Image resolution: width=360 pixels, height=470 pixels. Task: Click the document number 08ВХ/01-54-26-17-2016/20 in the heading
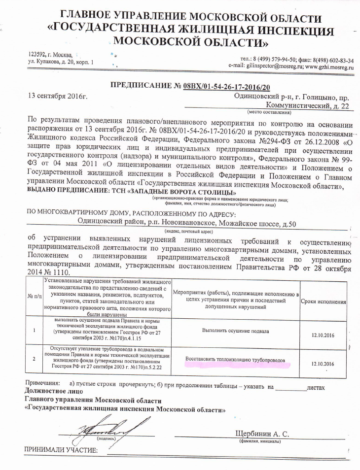pos(227,87)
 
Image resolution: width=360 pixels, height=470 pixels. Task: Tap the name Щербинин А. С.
pos(262,433)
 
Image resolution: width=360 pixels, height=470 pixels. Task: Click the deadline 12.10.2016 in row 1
pos(323,335)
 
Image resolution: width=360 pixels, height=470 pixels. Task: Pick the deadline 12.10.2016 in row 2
pos(323,364)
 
